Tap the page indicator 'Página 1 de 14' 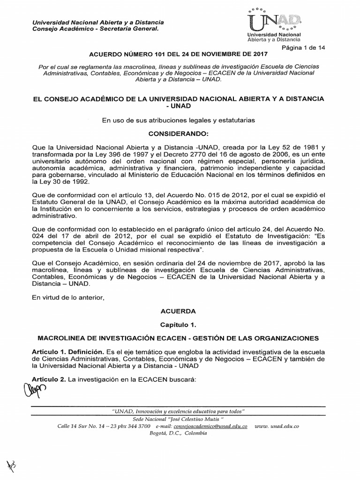pyautogui.click(x=303, y=48)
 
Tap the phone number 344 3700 pyautogui.click(x=136, y=427)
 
